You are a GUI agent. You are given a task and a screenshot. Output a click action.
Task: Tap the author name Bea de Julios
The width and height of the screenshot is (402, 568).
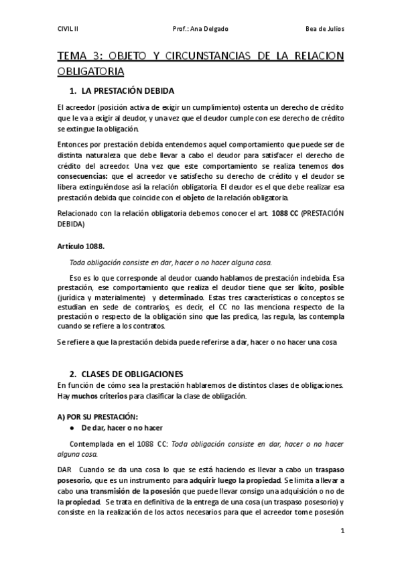324,29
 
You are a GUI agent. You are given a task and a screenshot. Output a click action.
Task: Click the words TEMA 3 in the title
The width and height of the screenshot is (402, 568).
76,57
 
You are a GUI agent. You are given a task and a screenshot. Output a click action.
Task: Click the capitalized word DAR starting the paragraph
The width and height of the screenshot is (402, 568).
64,470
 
